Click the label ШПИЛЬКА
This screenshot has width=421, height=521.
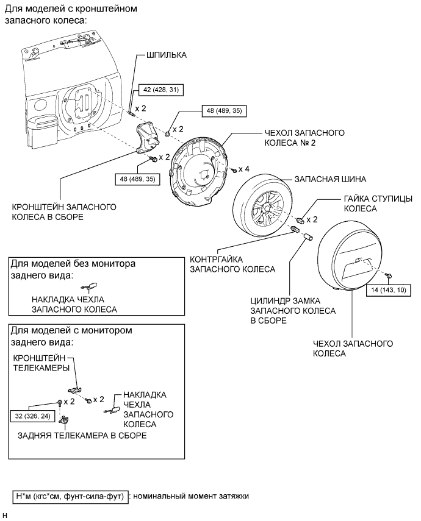click(167, 55)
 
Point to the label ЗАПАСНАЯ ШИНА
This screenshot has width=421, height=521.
click(330, 179)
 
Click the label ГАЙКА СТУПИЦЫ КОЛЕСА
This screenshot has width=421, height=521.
click(378, 204)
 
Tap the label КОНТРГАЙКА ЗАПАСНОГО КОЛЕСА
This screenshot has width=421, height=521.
click(232, 264)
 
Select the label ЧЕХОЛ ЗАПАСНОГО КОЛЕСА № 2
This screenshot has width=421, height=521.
click(304, 138)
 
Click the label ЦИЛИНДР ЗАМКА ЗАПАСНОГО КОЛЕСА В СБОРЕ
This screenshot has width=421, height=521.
click(293, 311)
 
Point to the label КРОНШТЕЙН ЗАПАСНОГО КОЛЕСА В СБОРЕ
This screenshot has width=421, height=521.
click(64, 211)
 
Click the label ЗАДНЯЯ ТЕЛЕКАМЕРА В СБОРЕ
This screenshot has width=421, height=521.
click(82, 435)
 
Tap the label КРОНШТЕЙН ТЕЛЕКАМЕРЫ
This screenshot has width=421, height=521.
click(41, 363)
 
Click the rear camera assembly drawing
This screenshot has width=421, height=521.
click(63, 421)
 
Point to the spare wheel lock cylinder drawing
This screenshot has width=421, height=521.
click(308, 237)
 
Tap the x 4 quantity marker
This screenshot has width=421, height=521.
click(244, 169)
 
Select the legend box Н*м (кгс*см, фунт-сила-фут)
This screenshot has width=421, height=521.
click(70, 497)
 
